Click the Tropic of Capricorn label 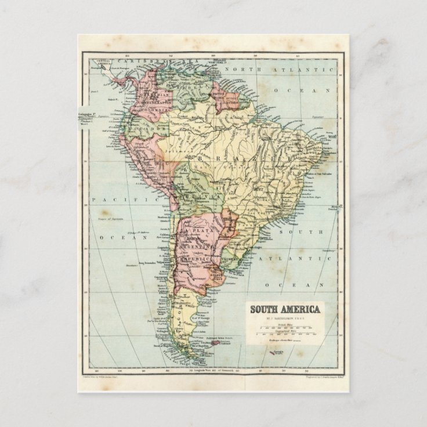pos(112,219)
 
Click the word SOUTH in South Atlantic pos(290,232)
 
